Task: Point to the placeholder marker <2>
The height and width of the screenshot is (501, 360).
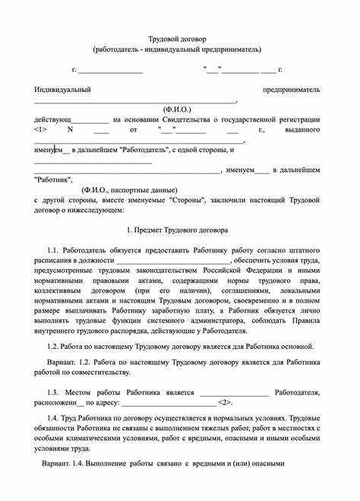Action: point(226,401)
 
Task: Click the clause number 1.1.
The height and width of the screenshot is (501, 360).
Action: point(52,249)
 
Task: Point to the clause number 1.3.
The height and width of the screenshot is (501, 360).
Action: point(52,392)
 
